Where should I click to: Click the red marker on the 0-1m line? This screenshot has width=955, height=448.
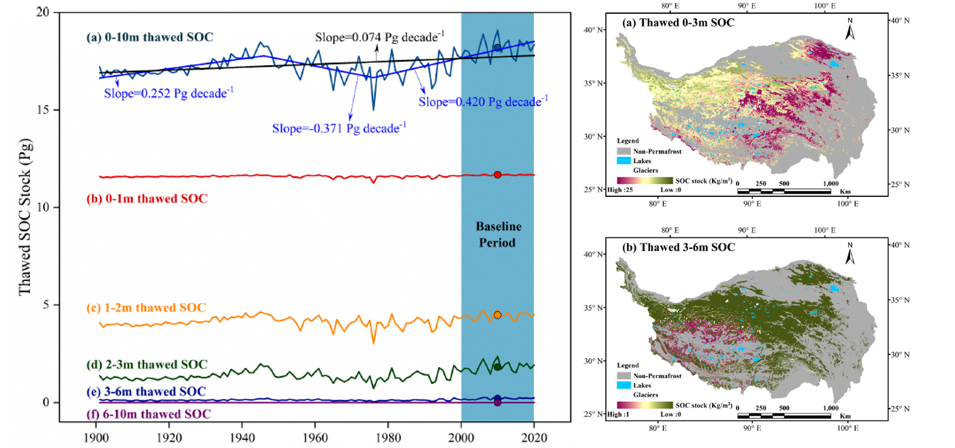tap(497, 175)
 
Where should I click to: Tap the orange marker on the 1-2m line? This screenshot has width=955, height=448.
tap(497, 315)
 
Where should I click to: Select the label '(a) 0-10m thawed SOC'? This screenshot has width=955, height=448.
tap(149, 38)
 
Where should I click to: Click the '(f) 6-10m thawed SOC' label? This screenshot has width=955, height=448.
tap(148, 414)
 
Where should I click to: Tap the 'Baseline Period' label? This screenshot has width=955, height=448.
tap(498, 235)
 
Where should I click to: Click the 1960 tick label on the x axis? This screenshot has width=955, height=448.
tap(315, 438)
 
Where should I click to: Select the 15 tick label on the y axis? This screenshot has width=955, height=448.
tap(43, 110)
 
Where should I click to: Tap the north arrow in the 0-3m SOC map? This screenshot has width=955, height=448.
tap(849, 30)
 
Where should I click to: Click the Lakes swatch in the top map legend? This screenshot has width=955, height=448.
tap(623, 161)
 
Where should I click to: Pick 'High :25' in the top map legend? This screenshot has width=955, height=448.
tap(620, 190)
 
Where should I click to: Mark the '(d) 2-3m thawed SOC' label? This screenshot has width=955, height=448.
tap(147, 365)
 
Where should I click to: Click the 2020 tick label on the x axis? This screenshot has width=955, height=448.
tap(534, 438)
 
